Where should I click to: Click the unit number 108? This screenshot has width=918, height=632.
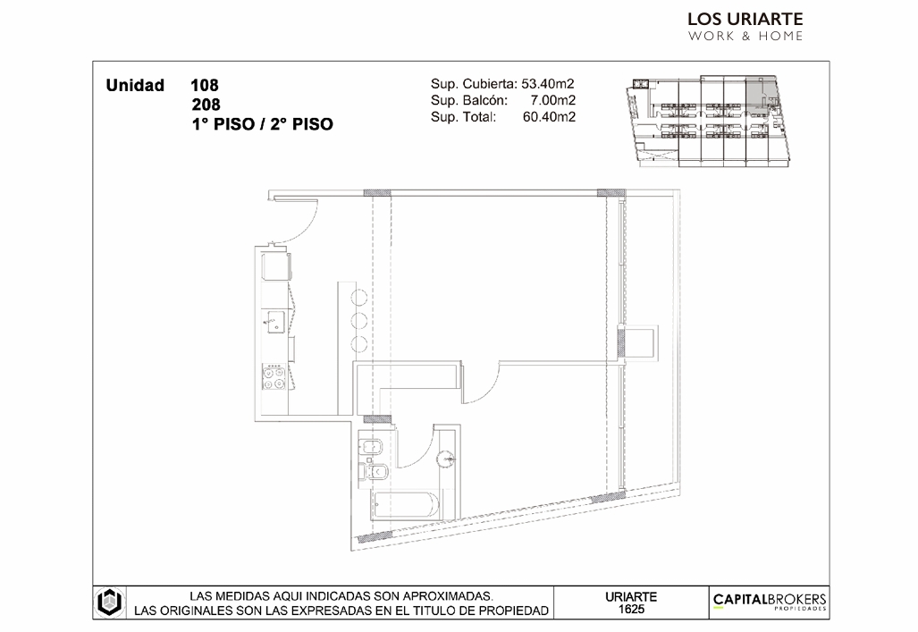[205, 86]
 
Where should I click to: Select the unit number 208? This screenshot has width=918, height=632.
[206, 105]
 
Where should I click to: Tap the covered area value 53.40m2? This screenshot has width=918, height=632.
[548, 84]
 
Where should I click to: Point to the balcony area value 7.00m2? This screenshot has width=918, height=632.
[553, 100]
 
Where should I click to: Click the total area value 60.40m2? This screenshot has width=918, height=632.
[549, 116]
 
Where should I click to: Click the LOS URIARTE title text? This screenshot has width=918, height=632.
[745, 20]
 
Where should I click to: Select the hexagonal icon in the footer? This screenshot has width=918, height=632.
[109, 602]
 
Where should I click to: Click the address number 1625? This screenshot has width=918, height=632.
[631, 609]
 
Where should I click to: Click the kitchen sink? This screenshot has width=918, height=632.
[274, 322]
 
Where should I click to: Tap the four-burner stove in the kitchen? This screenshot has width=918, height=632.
[274, 376]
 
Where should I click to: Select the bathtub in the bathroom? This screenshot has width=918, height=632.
[405, 505]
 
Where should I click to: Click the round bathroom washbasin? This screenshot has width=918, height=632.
[446, 458]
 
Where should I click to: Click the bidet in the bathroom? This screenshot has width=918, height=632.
[371, 448]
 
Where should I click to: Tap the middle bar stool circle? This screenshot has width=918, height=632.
[358, 320]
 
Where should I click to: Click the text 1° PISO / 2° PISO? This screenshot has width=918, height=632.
[262, 124]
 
